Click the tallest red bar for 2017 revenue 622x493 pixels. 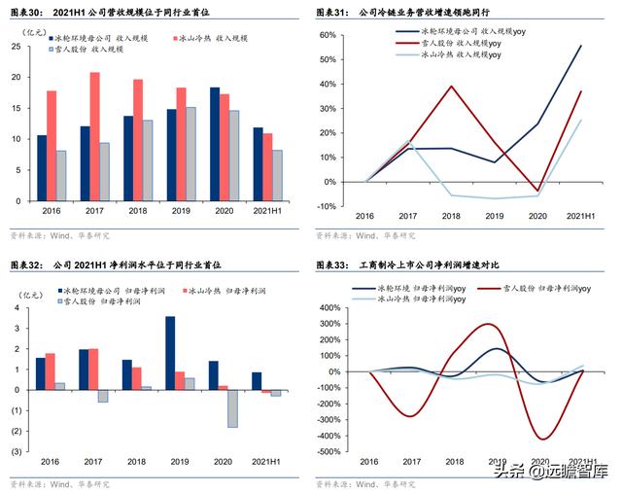[x=94, y=136]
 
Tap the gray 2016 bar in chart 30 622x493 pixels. [x=61, y=175]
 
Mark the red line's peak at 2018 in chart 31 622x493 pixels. [x=451, y=87]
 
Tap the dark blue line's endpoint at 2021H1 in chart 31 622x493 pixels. [x=581, y=46]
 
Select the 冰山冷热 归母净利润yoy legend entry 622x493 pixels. [x=408, y=300]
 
